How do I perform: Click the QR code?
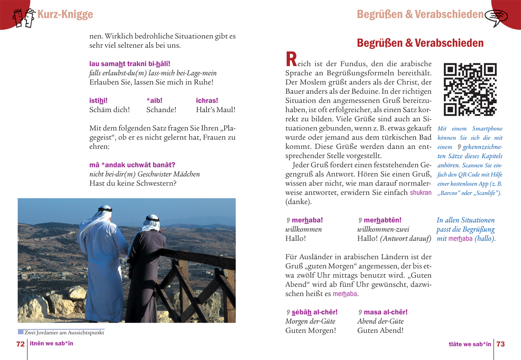[470, 90]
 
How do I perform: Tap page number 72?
[21, 344]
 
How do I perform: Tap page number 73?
[500, 344]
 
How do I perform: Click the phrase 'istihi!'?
[98, 100]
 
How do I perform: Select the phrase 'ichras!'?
[207, 100]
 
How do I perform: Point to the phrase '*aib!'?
[154, 100]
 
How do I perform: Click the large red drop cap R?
[291, 59]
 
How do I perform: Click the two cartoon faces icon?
[24, 18]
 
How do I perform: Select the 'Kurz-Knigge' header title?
[65, 14]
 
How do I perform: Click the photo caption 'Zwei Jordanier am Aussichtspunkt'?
[64, 333]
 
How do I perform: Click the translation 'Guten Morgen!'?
[311, 330]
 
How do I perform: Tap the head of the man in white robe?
[104, 212]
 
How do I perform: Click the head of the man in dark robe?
[152, 222]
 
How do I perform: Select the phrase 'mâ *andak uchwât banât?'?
[132, 165]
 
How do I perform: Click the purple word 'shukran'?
[421, 193]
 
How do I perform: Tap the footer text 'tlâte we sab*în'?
[470, 344]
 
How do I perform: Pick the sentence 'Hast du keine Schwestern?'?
[133, 183]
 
